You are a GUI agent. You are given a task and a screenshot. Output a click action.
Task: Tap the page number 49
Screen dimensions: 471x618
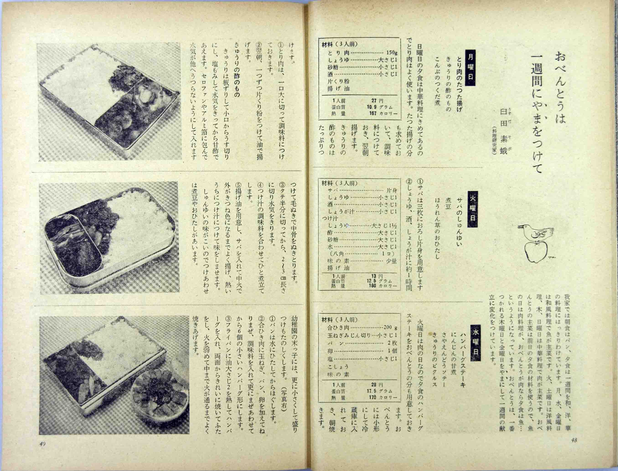pyautogui.click(x=43, y=452)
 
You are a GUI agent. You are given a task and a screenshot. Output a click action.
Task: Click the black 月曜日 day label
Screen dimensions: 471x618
pyautogui.click(x=471, y=68)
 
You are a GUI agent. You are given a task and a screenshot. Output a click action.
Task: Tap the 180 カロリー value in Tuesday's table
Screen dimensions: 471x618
pyautogui.click(x=383, y=286)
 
